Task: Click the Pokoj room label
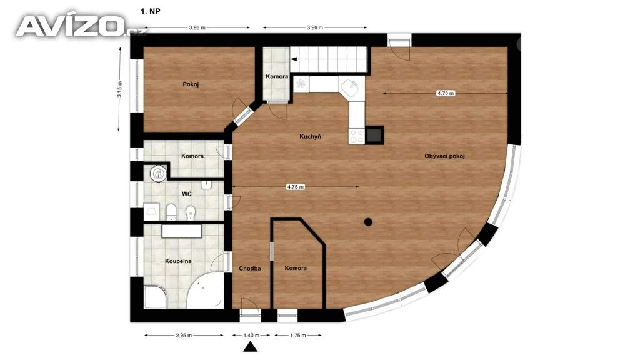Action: [191, 84]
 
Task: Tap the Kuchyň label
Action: [310, 137]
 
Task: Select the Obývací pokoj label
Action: [444, 156]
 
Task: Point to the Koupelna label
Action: [178, 261]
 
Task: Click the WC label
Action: [186, 194]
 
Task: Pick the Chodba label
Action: [250, 269]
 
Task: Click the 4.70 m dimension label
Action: [445, 93]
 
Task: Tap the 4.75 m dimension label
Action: [295, 187]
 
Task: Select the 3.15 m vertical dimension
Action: [120, 89]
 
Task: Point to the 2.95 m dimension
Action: [184, 336]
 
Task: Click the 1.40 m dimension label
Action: [251, 336]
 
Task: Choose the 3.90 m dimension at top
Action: [315, 27]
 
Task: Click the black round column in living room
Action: [368, 222]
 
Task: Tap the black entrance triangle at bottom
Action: [251, 347]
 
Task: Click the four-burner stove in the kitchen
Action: [356, 136]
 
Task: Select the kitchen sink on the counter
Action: [350, 86]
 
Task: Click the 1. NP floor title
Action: [151, 11]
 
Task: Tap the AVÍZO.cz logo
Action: [81, 26]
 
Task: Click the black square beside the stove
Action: [374, 135]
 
